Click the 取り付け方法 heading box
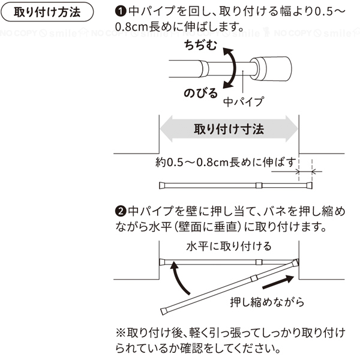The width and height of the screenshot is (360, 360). [x=47, y=12]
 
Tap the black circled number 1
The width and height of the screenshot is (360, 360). [x=121, y=11]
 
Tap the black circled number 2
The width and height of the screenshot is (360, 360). [x=121, y=211]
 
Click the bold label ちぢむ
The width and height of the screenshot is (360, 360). [x=200, y=45]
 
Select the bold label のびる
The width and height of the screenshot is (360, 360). [x=200, y=94]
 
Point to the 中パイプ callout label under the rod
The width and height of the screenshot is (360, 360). [x=244, y=102]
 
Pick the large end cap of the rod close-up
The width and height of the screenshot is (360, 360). [x=271, y=68]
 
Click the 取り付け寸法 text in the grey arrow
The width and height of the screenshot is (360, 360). [x=229, y=129]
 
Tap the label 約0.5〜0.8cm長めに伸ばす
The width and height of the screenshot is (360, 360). [x=226, y=163]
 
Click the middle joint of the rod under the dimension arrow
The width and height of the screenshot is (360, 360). [x=259, y=185]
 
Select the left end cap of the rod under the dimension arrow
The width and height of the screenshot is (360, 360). [x=162, y=185]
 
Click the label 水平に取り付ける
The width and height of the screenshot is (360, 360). [x=229, y=247]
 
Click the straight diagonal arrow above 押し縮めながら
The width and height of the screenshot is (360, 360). [x=278, y=282]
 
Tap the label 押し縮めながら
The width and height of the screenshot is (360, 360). [x=267, y=302]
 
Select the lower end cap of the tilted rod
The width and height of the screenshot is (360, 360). [x=164, y=311]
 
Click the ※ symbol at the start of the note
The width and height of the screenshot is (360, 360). [x=121, y=333]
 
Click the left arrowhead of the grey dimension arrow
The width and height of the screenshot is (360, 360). [x=166, y=129]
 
